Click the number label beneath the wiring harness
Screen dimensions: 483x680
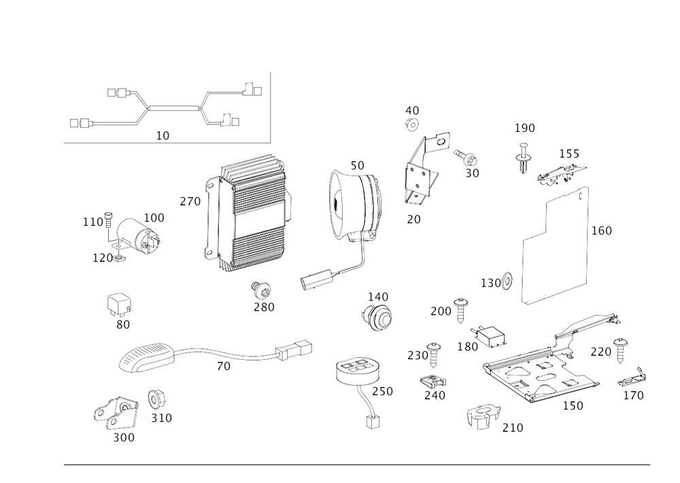point(163,135)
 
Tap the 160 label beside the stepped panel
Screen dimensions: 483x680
point(601,231)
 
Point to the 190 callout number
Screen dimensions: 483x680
point(524,128)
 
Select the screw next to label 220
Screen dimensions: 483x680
point(619,350)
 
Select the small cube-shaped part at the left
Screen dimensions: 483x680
point(120,303)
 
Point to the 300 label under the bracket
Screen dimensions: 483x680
point(124,438)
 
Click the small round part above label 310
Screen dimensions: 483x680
point(156,398)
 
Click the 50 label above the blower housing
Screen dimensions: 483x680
point(357,165)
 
